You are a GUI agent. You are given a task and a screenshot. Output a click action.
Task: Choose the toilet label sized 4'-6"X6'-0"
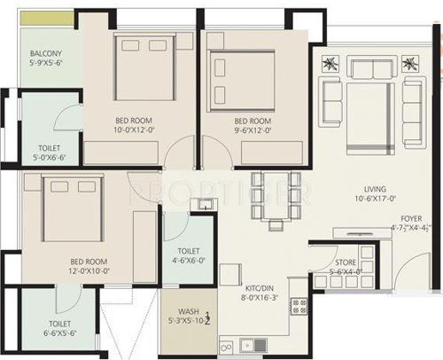pyautogui.click(x=188, y=252)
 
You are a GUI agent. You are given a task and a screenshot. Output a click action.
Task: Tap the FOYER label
pyautogui.click(x=410, y=218)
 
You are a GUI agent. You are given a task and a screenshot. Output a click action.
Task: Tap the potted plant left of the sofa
pyautogui.click(x=330, y=66)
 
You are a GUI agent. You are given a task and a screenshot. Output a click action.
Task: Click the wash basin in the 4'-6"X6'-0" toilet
pyautogui.click(x=204, y=207)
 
